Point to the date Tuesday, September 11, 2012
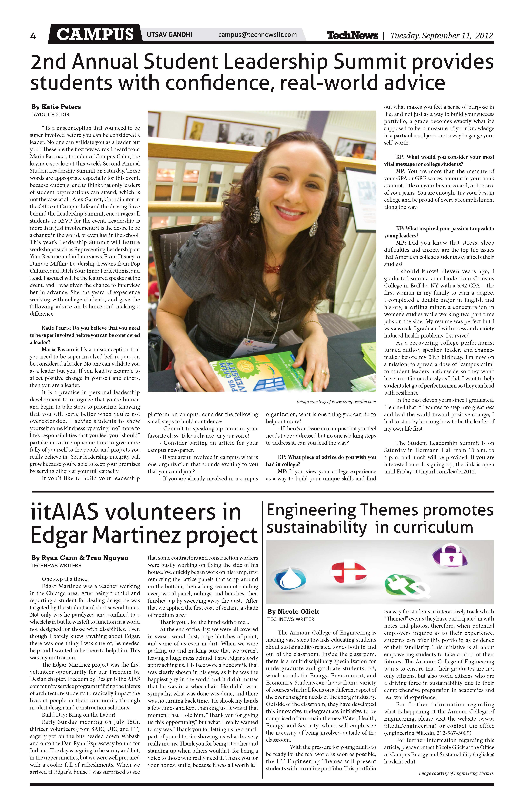pyautogui.click(x=441, y=35)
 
